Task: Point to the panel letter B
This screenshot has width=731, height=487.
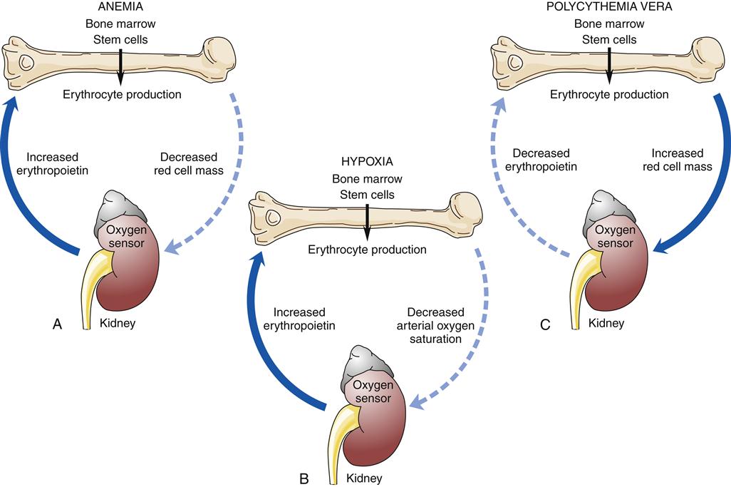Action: coord(304,478)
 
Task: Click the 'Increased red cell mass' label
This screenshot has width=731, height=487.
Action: coord(677,161)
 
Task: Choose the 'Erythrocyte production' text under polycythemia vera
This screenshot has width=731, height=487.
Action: coord(610,94)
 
